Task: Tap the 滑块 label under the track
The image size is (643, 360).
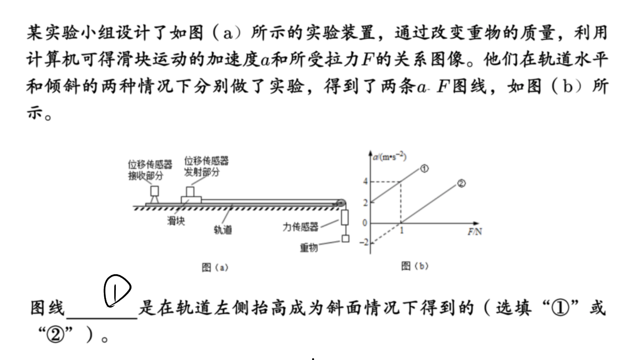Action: point(176,221)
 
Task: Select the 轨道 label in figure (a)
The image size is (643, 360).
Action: point(223,230)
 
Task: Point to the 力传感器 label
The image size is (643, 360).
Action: point(301,227)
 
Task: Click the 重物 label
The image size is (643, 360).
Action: point(309,247)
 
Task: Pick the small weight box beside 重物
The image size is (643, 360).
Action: point(345,239)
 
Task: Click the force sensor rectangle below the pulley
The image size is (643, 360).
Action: point(345,217)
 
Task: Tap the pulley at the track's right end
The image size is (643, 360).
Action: point(341,203)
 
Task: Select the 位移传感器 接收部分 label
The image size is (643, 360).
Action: point(150,170)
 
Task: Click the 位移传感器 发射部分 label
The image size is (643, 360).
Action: point(206,166)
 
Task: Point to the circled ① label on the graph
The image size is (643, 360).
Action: point(424,169)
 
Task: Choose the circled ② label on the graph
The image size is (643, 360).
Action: point(461,184)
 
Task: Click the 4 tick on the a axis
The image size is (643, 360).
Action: point(365,182)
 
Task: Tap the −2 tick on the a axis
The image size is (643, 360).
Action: point(364,243)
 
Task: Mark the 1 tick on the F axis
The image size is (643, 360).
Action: point(402,230)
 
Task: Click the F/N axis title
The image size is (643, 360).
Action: point(475,231)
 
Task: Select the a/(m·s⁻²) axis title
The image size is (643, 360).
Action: point(390,157)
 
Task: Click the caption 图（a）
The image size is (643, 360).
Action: point(215,267)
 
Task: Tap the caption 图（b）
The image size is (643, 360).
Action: point(415,266)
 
